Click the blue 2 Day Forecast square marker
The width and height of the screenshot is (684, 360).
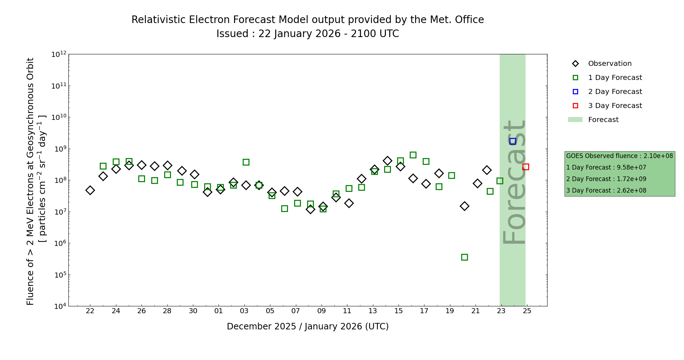(x=513, y=141)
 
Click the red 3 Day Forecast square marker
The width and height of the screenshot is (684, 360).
(x=526, y=167)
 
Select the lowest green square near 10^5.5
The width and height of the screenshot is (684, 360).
(x=464, y=257)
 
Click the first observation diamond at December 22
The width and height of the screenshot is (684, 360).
(x=90, y=190)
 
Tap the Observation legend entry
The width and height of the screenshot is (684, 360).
(x=609, y=64)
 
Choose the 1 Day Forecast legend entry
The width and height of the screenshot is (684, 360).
(x=615, y=78)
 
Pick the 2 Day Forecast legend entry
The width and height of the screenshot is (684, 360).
(x=615, y=92)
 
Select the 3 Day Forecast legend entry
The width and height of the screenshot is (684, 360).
(x=615, y=106)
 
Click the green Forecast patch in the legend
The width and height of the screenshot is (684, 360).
(x=575, y=120)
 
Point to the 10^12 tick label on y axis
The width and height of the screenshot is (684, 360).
(x=59, y=54)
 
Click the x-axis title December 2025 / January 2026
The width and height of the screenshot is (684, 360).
(x=307, y=327)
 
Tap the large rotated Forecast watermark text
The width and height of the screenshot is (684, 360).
(x=514, y=182)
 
